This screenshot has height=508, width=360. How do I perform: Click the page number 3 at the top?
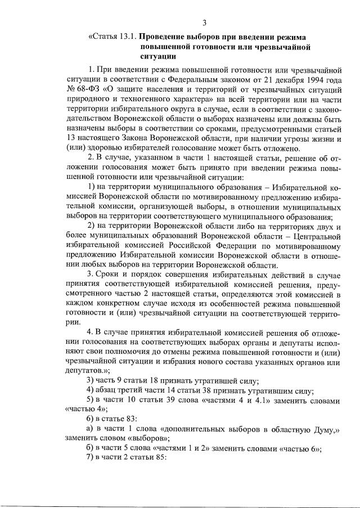click(205, 23)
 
